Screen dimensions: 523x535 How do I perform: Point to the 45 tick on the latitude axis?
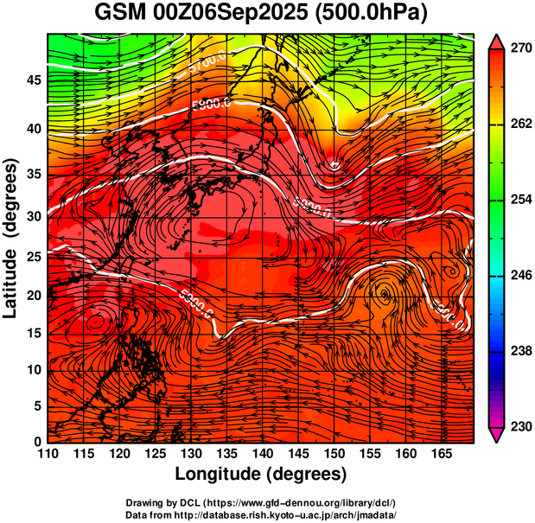[33, 80]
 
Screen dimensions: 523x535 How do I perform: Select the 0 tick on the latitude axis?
[38, 441]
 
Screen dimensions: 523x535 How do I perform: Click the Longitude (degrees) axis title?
[261, 475]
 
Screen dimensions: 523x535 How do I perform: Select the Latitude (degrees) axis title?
[12, 237]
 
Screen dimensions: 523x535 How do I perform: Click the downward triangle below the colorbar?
[496, 436]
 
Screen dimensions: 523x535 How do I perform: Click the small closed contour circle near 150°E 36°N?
[335, 165]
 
